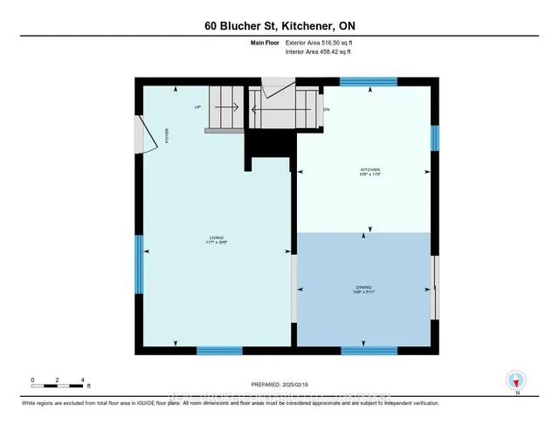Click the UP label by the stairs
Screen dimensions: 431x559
click(198, 107)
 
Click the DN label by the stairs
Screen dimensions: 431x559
click(326, 110)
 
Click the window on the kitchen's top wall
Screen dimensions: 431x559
click(368, 81)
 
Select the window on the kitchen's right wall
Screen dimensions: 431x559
click(434, 137)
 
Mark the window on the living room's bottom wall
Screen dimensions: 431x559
click(219, 351)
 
